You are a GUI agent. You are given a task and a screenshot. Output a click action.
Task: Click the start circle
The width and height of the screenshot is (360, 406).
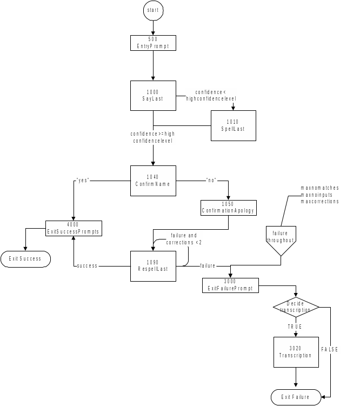[153, 11]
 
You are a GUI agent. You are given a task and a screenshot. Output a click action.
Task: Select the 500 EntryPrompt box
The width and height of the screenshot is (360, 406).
[153, 43]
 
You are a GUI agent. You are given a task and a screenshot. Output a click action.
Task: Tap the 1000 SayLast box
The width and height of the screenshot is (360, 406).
[153, 96]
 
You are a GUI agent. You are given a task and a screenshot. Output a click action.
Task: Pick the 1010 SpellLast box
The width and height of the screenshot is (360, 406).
[233, 125]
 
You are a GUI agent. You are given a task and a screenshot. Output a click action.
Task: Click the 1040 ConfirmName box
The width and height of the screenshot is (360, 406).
[153, 181]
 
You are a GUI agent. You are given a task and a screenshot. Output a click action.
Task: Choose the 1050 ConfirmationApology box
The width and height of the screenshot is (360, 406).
[228, 207]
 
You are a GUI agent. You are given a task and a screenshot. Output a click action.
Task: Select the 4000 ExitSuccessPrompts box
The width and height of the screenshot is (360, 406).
[73, 228]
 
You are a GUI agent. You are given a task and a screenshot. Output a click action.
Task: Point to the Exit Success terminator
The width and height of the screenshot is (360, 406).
[25, 259]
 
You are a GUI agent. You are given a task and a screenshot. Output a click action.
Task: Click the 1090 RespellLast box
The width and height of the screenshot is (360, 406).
[153, 265]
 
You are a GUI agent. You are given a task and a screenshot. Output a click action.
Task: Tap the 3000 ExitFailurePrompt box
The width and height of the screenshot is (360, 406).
[231, 285]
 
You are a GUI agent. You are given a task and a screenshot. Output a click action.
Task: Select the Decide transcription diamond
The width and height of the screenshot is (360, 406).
[296, 307]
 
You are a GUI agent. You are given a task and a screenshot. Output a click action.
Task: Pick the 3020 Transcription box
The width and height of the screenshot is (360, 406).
[296, 352]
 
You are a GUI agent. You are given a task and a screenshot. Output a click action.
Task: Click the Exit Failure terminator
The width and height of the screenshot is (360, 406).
[296, 397]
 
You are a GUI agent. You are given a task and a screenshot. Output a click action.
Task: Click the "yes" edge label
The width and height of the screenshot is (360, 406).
[83, 181]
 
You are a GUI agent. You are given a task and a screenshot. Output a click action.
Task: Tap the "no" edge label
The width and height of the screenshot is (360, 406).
[211, 181]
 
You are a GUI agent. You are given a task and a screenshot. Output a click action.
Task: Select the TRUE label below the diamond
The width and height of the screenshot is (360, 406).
[296, 327]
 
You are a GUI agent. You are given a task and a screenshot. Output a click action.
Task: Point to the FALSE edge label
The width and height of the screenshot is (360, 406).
[330, 350]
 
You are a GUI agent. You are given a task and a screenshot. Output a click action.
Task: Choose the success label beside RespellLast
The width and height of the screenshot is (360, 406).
[88, 266]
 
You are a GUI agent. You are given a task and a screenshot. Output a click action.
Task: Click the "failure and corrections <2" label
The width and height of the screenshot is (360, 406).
[184, 239]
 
